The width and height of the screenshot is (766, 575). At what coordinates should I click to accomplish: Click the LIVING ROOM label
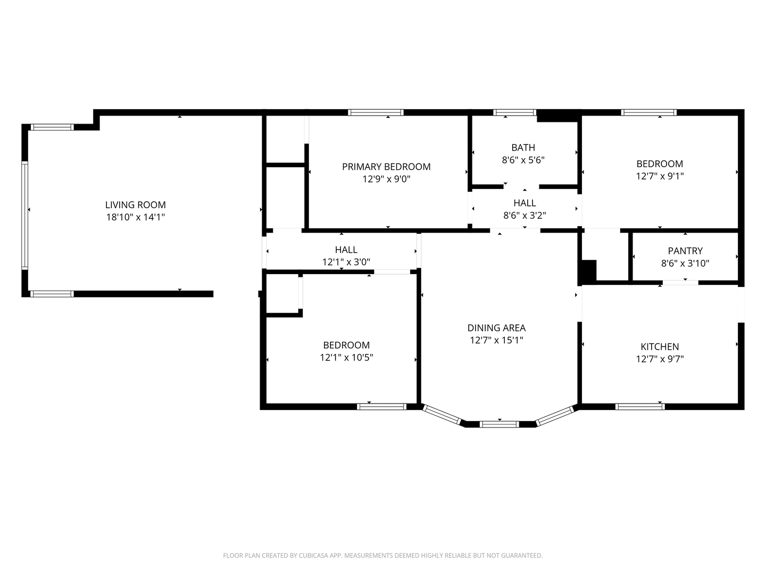pos(135,205)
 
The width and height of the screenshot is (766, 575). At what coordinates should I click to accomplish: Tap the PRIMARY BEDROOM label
pos(386,167)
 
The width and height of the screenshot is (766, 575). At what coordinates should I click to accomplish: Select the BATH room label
pos(523,147)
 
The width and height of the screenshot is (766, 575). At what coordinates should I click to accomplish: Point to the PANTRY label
pos(685,251)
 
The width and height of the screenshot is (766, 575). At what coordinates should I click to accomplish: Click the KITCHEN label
pos(660,347)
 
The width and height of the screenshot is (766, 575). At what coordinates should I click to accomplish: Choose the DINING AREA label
pos(496,328)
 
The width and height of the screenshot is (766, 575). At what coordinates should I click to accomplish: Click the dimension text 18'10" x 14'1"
pos(135,217)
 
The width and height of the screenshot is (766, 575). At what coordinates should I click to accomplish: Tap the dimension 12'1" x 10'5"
pos(346,357)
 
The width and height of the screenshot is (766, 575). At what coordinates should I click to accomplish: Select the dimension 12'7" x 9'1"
pos(660,176)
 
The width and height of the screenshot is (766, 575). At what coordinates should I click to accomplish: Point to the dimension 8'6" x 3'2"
pos(524,215)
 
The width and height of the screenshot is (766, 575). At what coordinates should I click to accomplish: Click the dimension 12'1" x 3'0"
pos(346,262)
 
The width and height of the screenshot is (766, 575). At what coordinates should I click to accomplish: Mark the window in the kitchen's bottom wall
pos(640,407)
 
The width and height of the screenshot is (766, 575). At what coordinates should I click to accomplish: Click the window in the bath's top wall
pos(514,112)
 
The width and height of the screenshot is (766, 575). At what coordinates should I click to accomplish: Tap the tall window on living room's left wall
pos(24,215)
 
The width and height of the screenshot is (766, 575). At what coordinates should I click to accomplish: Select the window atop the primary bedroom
pos(376,112)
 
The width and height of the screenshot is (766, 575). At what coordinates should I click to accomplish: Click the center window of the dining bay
pos(499,424)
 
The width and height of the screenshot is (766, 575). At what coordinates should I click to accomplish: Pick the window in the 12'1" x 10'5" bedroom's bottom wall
pos(381,407)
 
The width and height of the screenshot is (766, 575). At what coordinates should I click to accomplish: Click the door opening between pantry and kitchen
pos(680,282)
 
